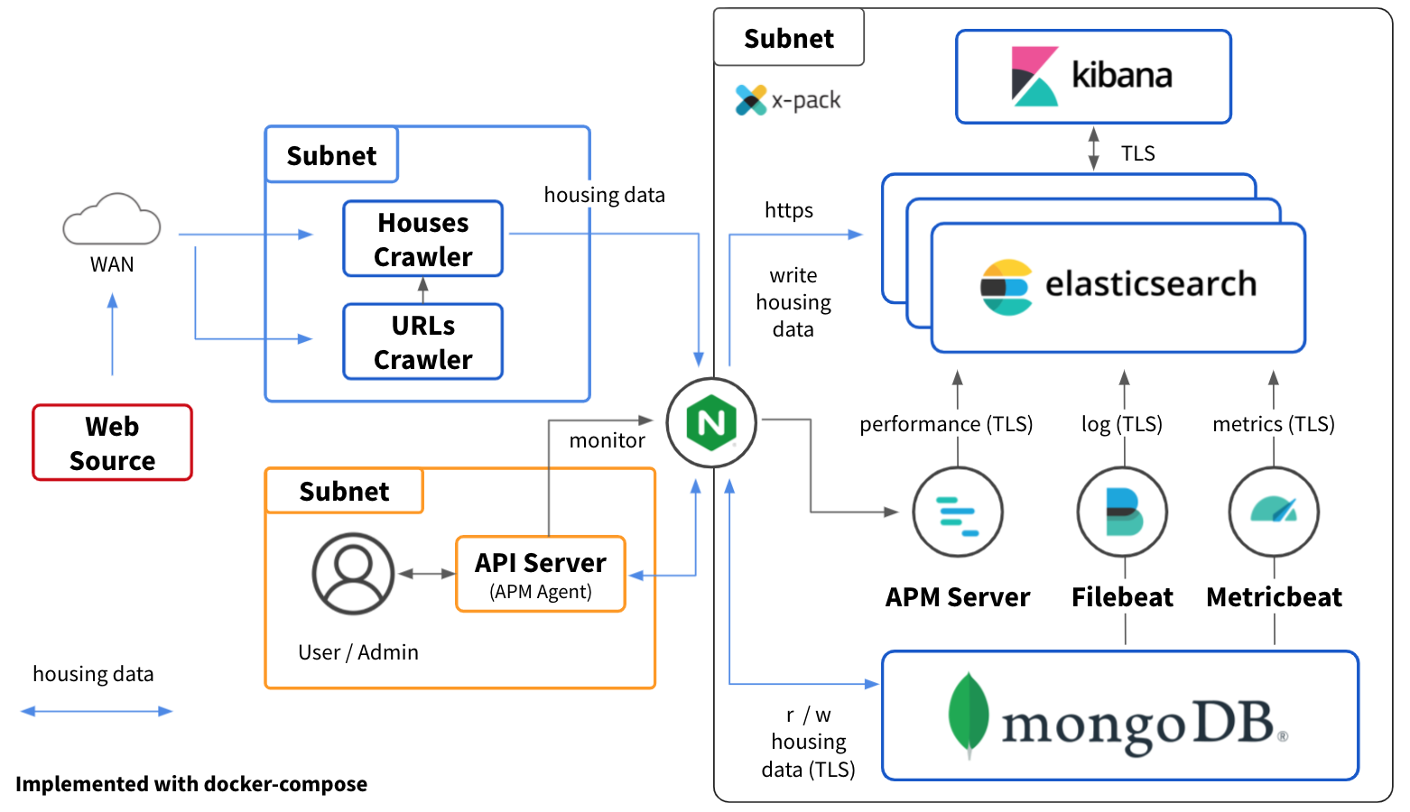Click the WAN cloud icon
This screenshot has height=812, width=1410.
[x=112, y=219]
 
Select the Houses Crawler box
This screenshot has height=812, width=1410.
[x=422, y=239]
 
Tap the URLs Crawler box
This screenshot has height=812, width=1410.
[x=422, y=342]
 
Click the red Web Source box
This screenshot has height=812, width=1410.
[x=113, y=443]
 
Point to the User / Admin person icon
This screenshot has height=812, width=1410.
[x=353, y=574]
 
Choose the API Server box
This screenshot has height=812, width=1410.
[x=541, y=575]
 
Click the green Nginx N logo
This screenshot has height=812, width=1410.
[x=711, y=423]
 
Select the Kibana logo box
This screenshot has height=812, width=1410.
[x=1093, y=77]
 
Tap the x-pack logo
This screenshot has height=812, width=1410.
[x=751, y=99]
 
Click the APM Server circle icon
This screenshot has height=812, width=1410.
[x=957, y=512]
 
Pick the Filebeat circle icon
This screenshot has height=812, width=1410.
[x=1123, y=512]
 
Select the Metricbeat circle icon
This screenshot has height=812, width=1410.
[x=1274, y=512]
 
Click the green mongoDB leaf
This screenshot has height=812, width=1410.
[x=969, y=715]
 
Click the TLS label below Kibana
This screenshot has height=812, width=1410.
[x=1137, y=153]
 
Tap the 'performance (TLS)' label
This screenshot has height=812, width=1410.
[x=946, y=424]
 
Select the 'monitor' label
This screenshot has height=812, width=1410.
[x=607, y=440]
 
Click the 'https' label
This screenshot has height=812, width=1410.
[x=788, y=210]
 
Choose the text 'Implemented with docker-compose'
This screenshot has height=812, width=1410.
[x=191, y=784]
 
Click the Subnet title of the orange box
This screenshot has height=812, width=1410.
[x=344, y=492]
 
